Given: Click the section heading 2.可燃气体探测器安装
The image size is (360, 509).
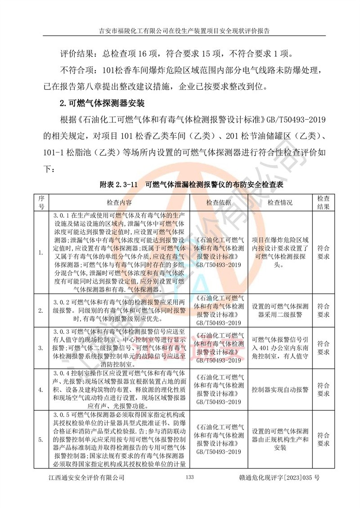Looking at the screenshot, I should pyautogui.click(x=102, y=103).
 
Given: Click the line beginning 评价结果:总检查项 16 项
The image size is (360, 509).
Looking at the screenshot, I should pyautogui.click(x=175, y=54).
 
